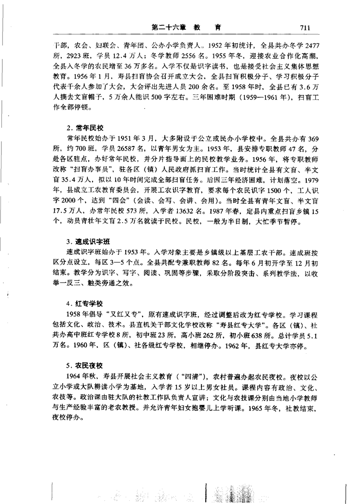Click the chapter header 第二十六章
(x=168, y=28)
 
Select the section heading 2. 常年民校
(x=85, y=128)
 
